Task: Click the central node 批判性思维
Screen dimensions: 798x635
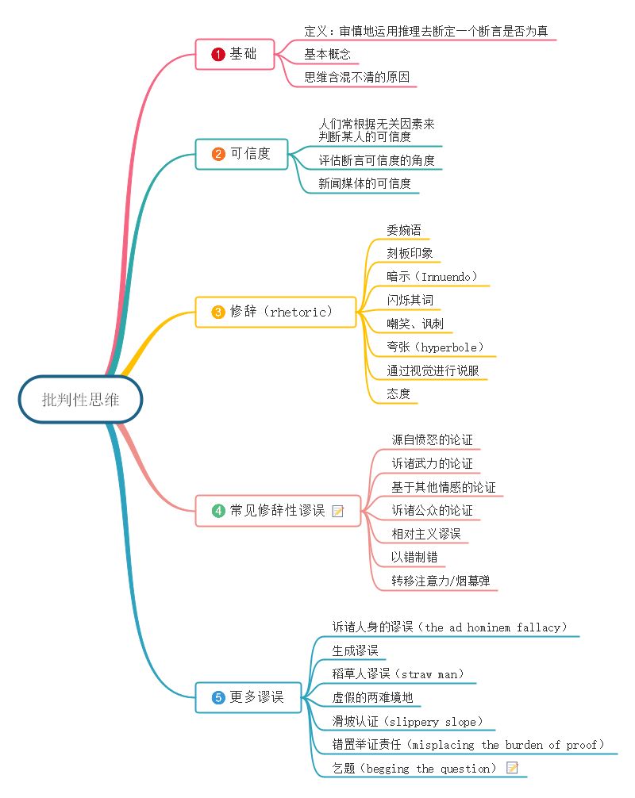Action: point(81,400)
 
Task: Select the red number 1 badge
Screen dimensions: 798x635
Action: point(218,55)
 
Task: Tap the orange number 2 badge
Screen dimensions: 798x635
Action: point(218,154)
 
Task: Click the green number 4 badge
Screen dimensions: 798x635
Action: point(218,511)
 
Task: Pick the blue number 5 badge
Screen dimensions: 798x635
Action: point(218,698)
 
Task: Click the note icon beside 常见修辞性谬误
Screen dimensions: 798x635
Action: point(337,511)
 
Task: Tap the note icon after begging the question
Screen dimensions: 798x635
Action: point(512,768)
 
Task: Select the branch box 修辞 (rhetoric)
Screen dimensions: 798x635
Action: point(274,312)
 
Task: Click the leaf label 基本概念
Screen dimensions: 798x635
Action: point(327,55)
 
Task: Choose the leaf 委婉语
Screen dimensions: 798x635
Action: point(404,230)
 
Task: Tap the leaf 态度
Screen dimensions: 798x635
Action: point(398,393)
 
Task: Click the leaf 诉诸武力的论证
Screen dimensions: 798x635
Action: point(432,463)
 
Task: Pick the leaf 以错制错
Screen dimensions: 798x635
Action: point(414,557)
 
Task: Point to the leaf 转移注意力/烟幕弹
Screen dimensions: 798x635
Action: point(441,581)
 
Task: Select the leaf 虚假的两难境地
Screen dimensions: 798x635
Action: point(371,698)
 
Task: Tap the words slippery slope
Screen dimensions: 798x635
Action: point(439,722)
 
